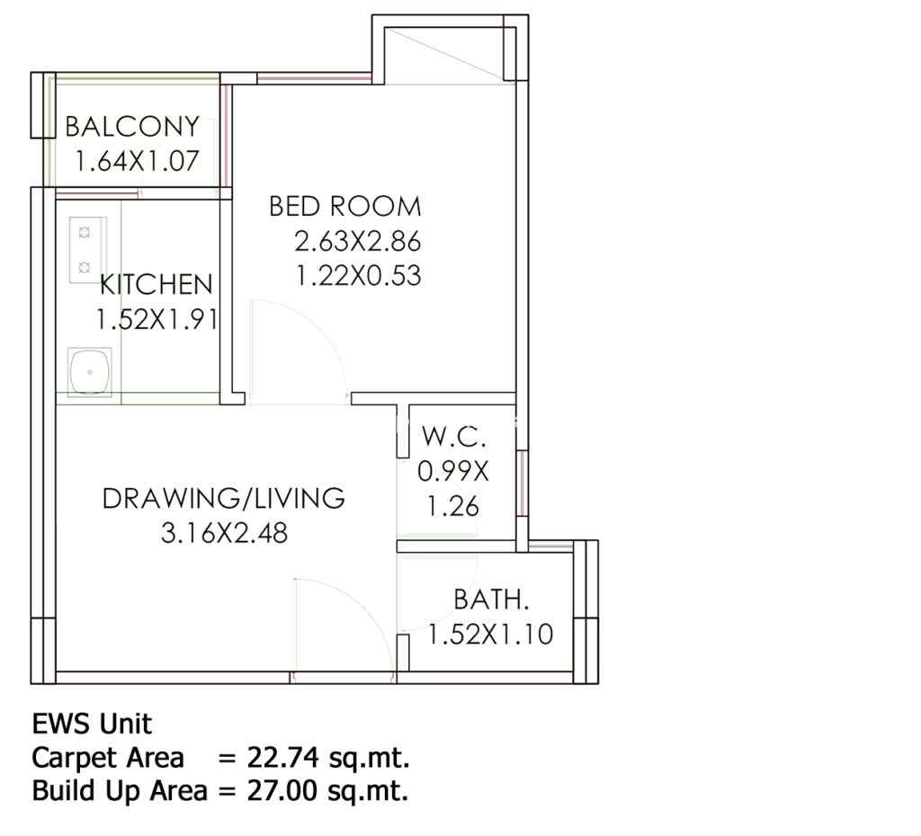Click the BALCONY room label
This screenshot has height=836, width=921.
pyautogui.click(x=132, y=126)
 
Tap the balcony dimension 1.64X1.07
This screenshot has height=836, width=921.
pyautogui.click(x=138, y=161)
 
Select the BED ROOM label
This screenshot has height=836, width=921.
pyautogui.click(x=345, y=206)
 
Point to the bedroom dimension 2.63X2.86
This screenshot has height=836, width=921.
pyautogui.click(x=358, y=241)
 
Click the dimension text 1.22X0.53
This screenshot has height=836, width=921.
pyautogui.click(x=358, y=276)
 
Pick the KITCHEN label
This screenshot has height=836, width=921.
pyautogui.click(x=156, y=285)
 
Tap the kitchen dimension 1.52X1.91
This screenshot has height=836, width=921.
pyautogui.click(x=156, y=320)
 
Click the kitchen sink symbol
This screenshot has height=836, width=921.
pyautogui.click(x=89, y=372)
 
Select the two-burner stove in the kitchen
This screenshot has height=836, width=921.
pyautogui.click(x=85, y=250)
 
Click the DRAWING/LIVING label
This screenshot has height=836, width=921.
pyautogui.click(x=224, y=498)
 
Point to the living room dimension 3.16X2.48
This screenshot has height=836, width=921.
pyautogui.click(x=224, y=533)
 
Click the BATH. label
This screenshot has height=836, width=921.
pyautogui.click(x=492, y=600)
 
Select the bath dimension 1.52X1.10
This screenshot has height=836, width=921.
pyautogui.click(x=490, y=634)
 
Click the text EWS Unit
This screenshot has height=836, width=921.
pyautogui.click(x=93, y=724)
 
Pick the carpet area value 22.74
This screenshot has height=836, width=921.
pyautogui.click(x=283, y=757)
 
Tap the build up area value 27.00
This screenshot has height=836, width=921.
pyautogui.click(x=283, y=791)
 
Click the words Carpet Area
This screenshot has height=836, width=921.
pyautogui.click(x=108, y=758)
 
